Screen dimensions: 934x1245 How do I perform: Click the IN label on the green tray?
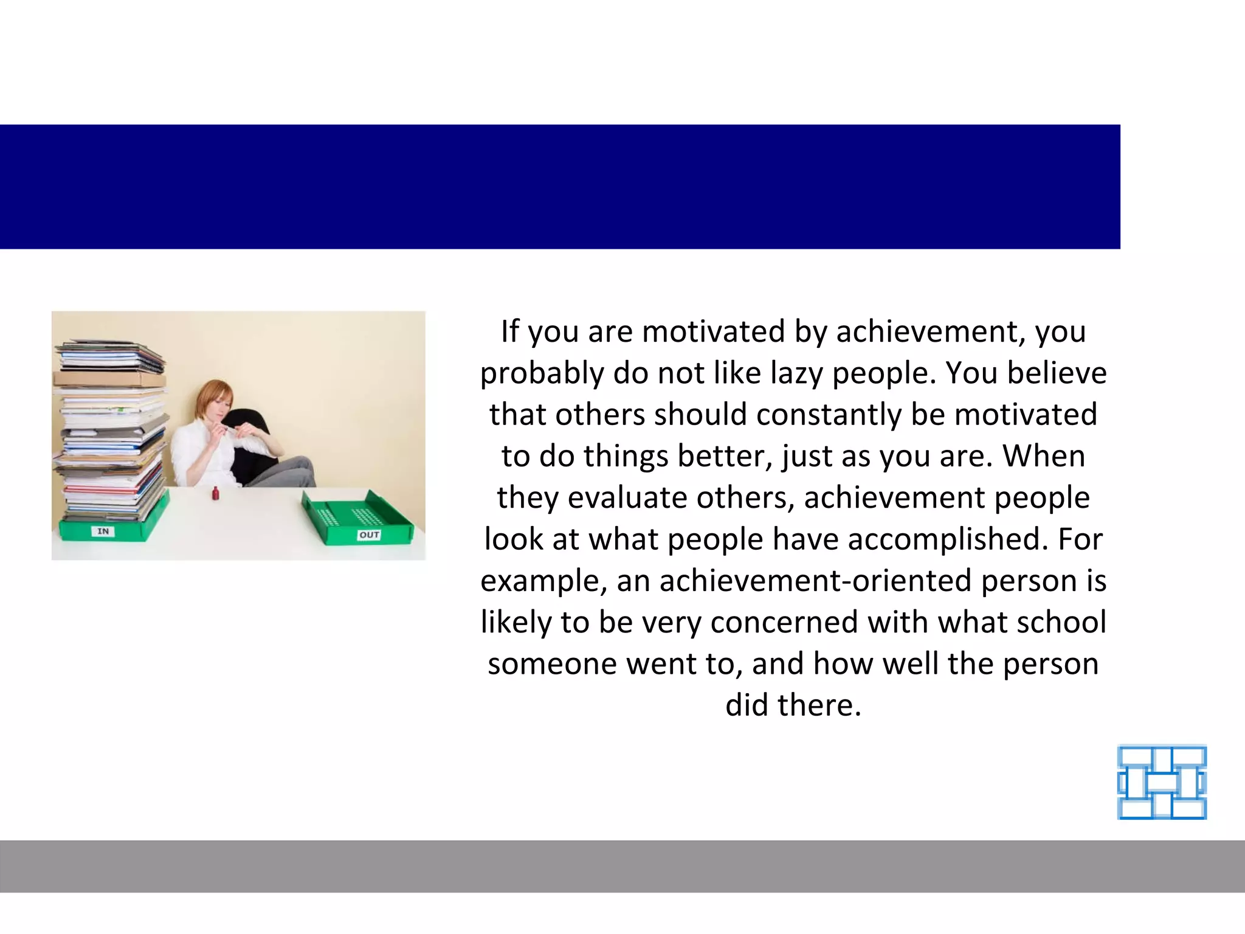pyautogui.click(x=103, y=531)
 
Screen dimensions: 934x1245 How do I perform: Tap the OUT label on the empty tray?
pyautogui.click(x=370, y=535)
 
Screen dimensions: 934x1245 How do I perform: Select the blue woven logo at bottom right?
pyautogui.click(x=1162, y=783)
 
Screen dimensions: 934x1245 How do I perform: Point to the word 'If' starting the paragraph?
pyautogui.click(x=511, y=331)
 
